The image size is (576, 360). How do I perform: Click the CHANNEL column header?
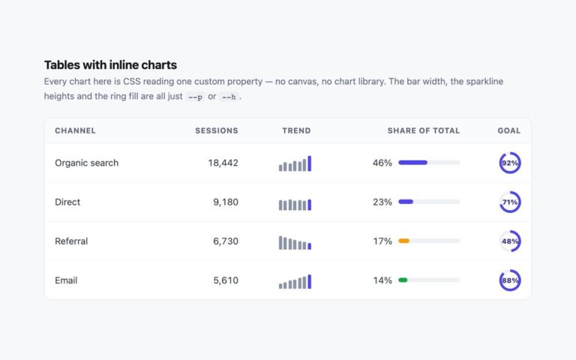coord(75,130)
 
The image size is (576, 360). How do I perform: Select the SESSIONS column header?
coord(217,130)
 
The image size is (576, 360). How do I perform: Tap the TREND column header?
coord(296,130)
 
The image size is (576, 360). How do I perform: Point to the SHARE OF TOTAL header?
coord(424,130)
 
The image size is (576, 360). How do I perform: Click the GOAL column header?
coord(509,130)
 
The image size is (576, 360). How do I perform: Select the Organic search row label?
coord(87,163)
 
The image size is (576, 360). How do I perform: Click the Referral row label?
coord(71,241)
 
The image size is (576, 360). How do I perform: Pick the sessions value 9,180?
coord(226,202)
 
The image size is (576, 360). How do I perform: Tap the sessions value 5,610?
coord(226,280)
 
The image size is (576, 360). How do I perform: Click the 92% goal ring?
coord(510,153)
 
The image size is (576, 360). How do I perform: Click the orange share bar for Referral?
coord(403,241)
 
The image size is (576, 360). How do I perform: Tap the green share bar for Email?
coord(403,280)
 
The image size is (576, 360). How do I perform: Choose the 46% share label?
coord(382,163)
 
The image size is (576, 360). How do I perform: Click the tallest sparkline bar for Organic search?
coord(309,163)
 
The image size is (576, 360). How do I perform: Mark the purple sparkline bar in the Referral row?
coord(309,247)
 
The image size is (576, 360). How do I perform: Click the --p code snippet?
coord(195,97)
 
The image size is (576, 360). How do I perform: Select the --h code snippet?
coord(229,97)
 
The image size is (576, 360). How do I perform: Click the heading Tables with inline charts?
coord(110,65)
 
